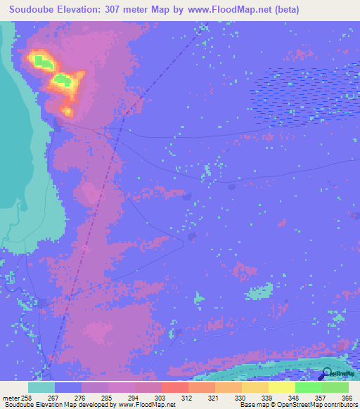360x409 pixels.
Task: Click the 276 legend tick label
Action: point(82,398)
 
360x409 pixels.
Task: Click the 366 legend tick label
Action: point(346,398)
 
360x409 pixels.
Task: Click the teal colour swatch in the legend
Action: point(41,387)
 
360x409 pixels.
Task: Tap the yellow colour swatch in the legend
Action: point(281,387)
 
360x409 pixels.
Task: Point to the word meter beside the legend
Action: point(11,398)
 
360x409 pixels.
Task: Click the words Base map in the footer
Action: point(252,405)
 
